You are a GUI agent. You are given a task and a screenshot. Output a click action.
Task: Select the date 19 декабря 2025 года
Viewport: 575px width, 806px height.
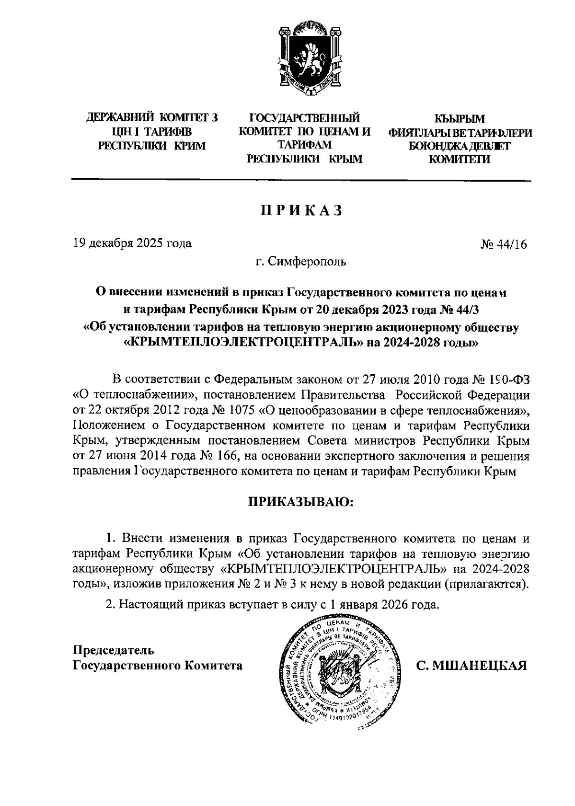(x=132, y=243)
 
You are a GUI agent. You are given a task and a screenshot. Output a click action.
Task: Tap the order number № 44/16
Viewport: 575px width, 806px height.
(x=503, y=244)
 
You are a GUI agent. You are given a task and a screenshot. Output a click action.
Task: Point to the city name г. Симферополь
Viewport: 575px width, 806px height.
(x=300, y=262)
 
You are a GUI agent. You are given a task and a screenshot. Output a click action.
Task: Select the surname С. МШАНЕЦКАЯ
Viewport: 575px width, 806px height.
(x=472, y=666)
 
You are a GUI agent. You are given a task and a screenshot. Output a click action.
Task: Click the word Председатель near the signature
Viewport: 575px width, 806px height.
(x=113, y=650)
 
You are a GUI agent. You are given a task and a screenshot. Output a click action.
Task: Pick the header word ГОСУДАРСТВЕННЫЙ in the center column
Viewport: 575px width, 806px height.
(x=305, y=117)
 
